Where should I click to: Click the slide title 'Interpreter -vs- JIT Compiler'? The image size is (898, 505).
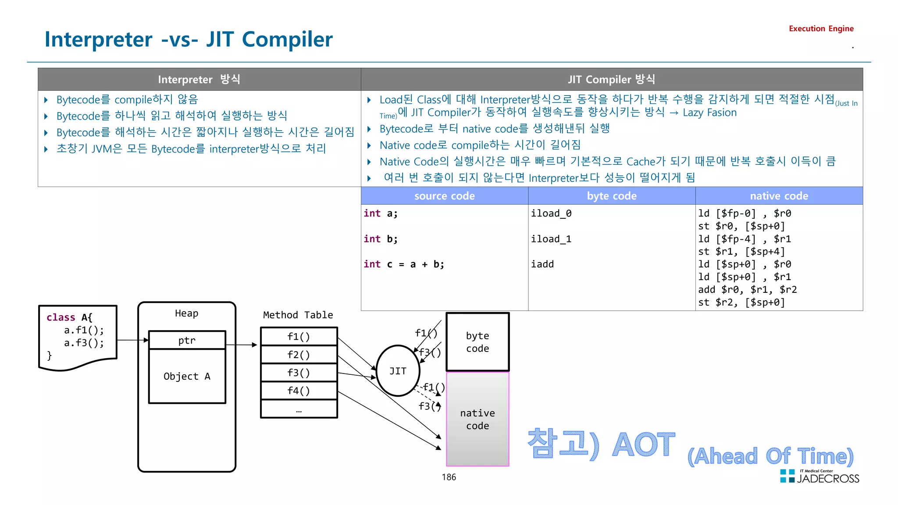tap(189, 39)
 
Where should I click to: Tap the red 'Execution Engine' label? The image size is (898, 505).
tap(821, 28)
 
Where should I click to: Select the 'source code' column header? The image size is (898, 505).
tap(444, 196)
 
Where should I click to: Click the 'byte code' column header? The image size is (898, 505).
tap(611, 196)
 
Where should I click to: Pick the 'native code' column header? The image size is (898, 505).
tap(779, 196)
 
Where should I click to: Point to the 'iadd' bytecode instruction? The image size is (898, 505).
tap(542, 264)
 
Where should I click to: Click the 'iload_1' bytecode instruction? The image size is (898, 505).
tap(551, 239)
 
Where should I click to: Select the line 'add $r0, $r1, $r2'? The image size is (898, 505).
tap(747, 289)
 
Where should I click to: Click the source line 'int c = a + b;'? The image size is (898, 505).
tap(404, 264)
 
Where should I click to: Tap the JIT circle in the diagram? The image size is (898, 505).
tap(398, 371)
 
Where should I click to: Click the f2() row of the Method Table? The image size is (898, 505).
tap(299, 354)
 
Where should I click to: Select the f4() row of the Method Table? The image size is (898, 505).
tap(299, 390)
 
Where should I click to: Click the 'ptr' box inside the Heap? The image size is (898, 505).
tap(187, 340)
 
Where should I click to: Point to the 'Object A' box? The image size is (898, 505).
tap(187, 376)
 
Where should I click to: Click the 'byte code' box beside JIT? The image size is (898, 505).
tap(478, 342)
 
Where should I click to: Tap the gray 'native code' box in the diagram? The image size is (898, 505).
tap(478, 419)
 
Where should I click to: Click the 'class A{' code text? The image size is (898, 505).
tap(69, 317)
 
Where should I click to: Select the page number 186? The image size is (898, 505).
tap(449, 477)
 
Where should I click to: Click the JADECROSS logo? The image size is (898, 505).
tap(820, 477)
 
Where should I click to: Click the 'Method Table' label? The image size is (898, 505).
tap(298, 315)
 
